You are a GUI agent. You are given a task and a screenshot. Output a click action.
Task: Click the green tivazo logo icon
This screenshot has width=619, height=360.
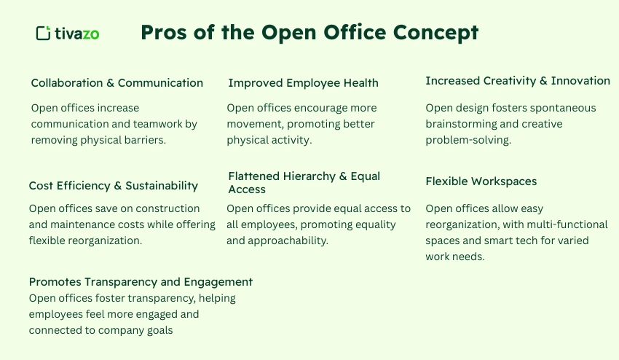coord(43,33)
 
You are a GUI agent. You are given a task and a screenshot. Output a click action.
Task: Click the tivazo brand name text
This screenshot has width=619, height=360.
coord(77,34)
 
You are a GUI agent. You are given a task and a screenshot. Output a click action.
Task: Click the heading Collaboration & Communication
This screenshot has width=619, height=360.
coord(117,83)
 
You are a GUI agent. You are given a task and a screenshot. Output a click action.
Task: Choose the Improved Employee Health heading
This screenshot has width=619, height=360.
coord(303,83)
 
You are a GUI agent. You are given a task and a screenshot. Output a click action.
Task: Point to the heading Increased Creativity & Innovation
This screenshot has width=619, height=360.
coord(517,81)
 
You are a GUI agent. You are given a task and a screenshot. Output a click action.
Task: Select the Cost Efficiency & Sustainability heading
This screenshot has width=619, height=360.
coord(114,186)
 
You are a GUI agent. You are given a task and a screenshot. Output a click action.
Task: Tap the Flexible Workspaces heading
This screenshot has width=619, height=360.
coord(481,181)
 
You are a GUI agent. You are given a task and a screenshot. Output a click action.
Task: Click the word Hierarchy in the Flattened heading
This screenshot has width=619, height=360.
coord(312,176)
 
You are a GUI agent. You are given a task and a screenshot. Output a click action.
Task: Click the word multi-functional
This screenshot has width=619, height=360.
coord(557,224)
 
